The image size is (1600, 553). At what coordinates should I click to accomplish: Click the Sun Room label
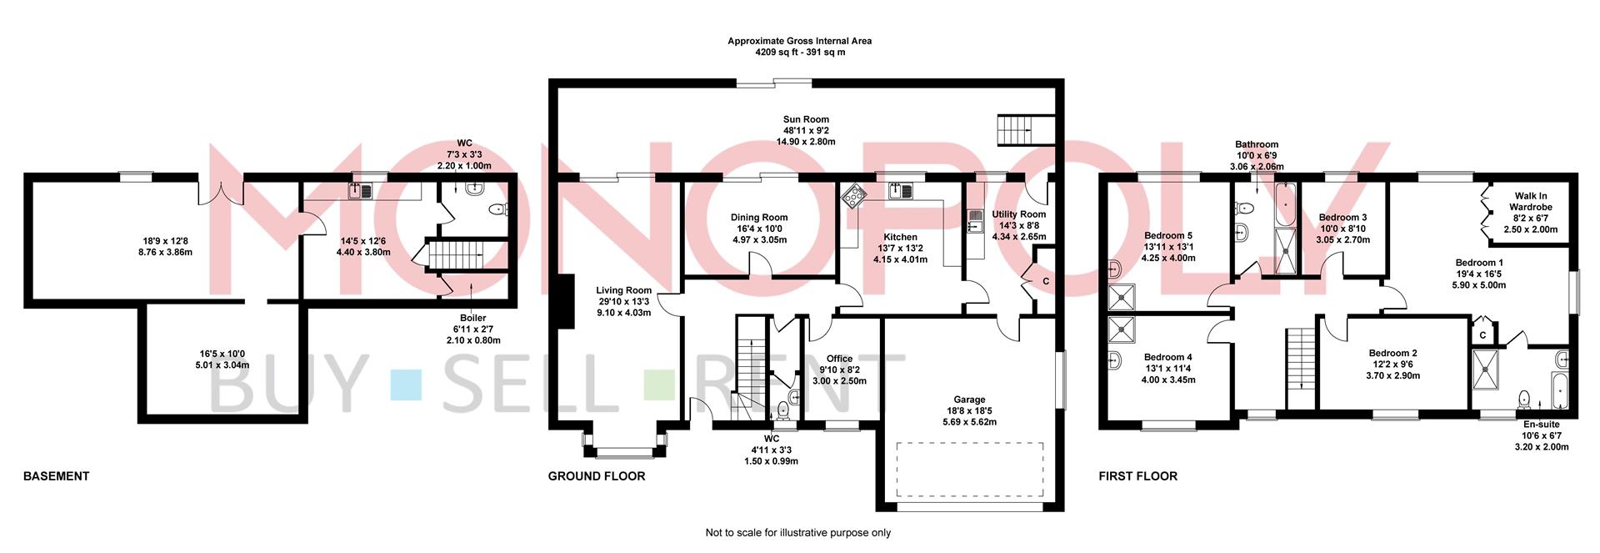coord(806,119)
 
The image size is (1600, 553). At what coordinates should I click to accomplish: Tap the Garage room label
coord(969,400)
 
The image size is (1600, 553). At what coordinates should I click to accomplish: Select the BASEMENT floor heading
coord(56,476)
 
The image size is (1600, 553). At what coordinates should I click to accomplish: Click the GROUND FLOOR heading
coord(597,476)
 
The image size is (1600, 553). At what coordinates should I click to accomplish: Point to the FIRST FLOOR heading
coord(1137,476)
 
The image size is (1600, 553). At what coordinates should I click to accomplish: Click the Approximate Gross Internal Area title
coord(800,41)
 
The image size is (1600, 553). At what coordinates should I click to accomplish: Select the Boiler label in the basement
coord(472,318)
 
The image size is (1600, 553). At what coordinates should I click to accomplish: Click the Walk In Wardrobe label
coord(1531,202)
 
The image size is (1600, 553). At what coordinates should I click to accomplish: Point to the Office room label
coord(839,359)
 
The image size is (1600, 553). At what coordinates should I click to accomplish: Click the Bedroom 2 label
coord(1392,353)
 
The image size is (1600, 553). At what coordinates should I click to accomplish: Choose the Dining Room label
coord(759,218)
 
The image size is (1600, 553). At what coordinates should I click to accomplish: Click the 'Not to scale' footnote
coord(798,533)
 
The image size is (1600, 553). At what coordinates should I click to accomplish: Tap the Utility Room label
coord(1018,214)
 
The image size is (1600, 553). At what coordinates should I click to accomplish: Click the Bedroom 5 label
coord(1168,236)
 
